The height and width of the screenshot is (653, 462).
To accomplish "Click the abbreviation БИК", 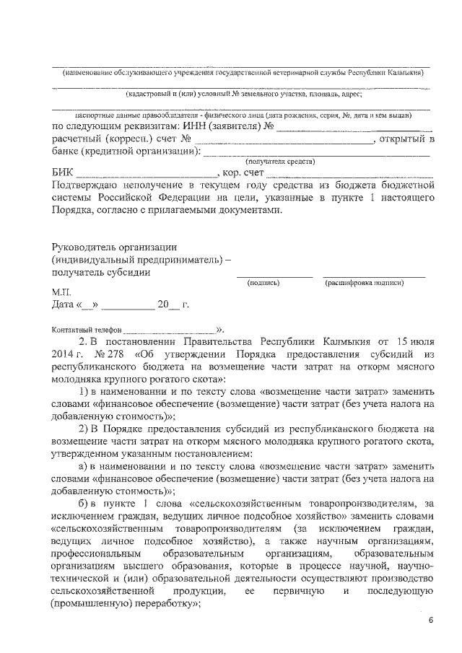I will click(63, 174).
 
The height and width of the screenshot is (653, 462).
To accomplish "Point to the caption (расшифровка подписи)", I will click(364, 283).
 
